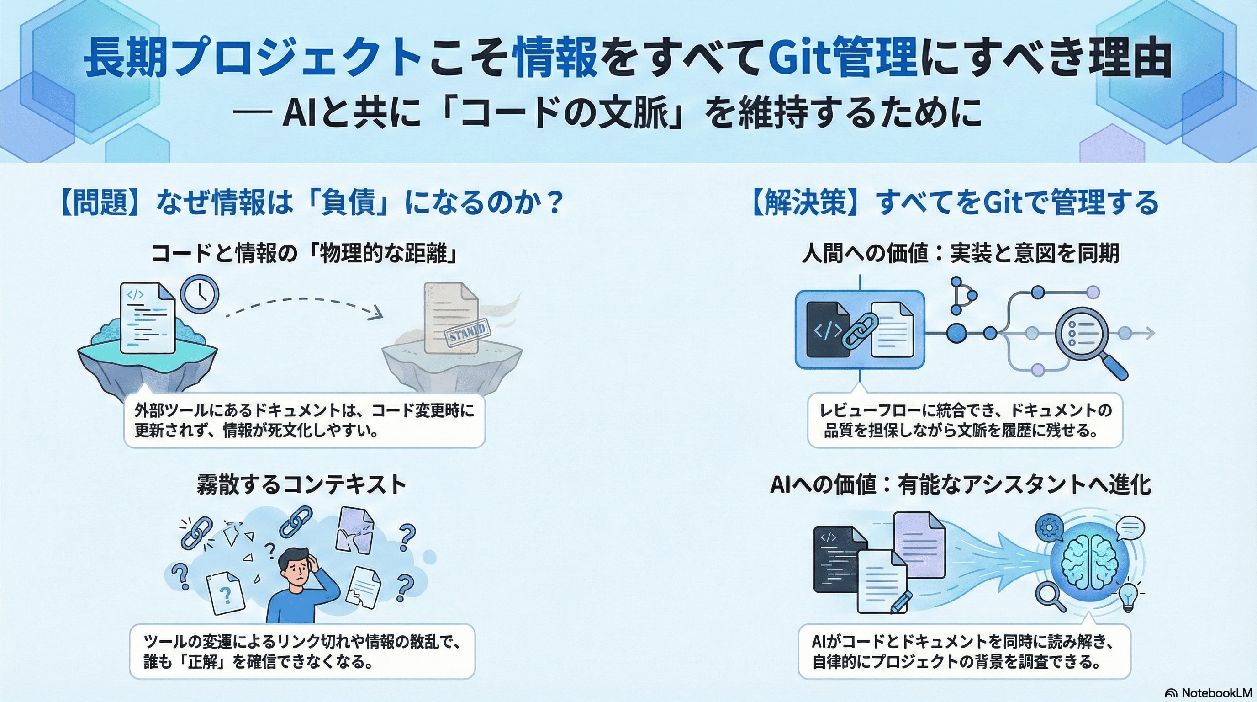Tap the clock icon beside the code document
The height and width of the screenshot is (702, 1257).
[200, 294]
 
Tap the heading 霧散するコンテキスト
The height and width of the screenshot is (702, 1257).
[301, 485]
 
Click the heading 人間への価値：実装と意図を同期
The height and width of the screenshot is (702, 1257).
[960, 254]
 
